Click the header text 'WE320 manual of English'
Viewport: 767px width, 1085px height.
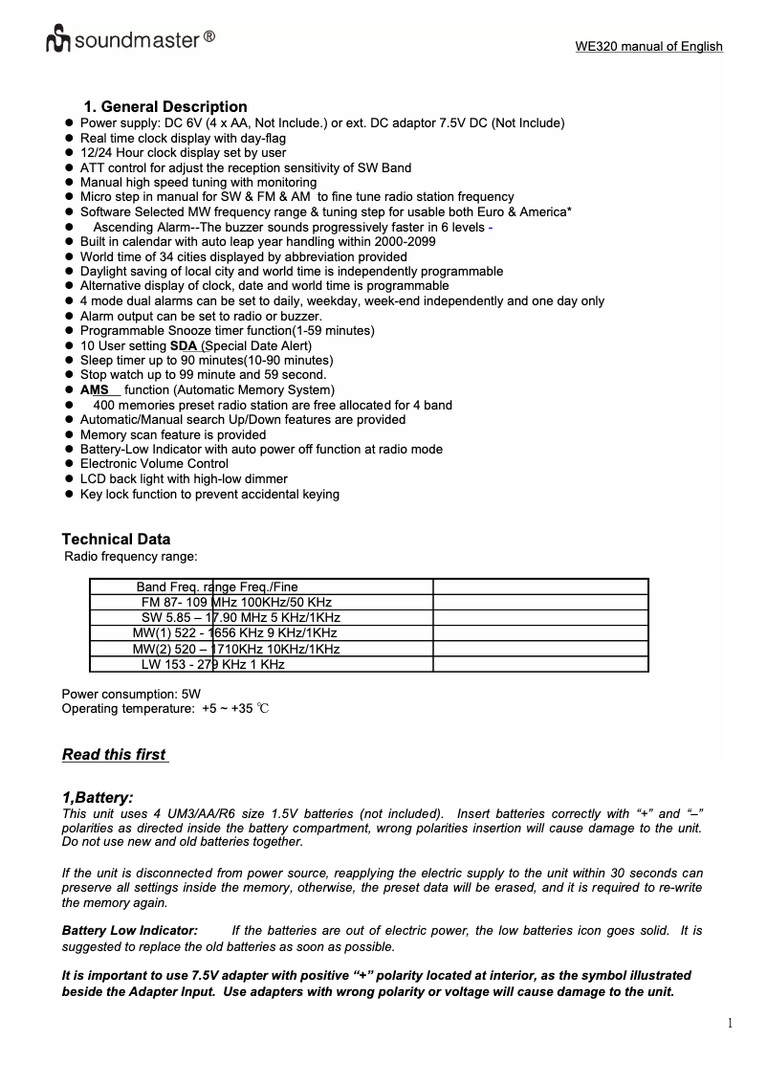(648, 46)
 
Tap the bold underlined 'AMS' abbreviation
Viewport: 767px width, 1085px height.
(95, 389)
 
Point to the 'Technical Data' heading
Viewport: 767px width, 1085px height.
(116, 539)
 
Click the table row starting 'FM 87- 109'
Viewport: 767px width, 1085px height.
(236, 602)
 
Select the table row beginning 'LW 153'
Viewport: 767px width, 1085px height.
(212, 664)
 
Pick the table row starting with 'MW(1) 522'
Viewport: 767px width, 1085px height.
(234, 633)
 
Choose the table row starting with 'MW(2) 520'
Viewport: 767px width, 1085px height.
(236, 649)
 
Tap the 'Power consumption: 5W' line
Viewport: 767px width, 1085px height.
(131, 693)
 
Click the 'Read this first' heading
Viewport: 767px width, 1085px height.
(115, 754)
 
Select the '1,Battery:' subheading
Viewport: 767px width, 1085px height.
(98, 797)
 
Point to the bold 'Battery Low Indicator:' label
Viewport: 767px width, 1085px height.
(130, 930)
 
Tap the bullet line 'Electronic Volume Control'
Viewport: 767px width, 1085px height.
(154, 464)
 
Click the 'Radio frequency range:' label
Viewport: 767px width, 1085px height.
(130, 556)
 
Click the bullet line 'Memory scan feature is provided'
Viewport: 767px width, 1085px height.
(173, 434)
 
